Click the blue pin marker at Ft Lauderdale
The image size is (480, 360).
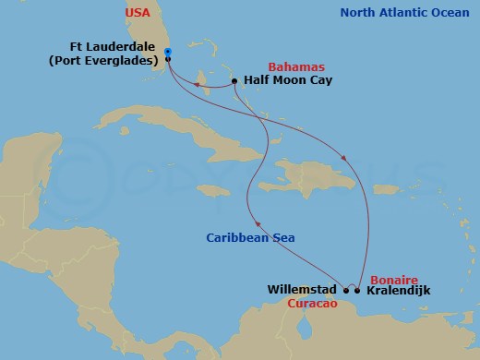click(167, 53)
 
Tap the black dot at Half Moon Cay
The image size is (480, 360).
click(235, 81)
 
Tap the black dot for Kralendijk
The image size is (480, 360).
click(357, 290)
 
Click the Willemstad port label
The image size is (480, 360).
click(302, 290)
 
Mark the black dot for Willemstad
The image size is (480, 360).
click(345, 290)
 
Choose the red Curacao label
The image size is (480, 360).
click(310, 303)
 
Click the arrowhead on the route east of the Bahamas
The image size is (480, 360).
click(345, 157)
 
